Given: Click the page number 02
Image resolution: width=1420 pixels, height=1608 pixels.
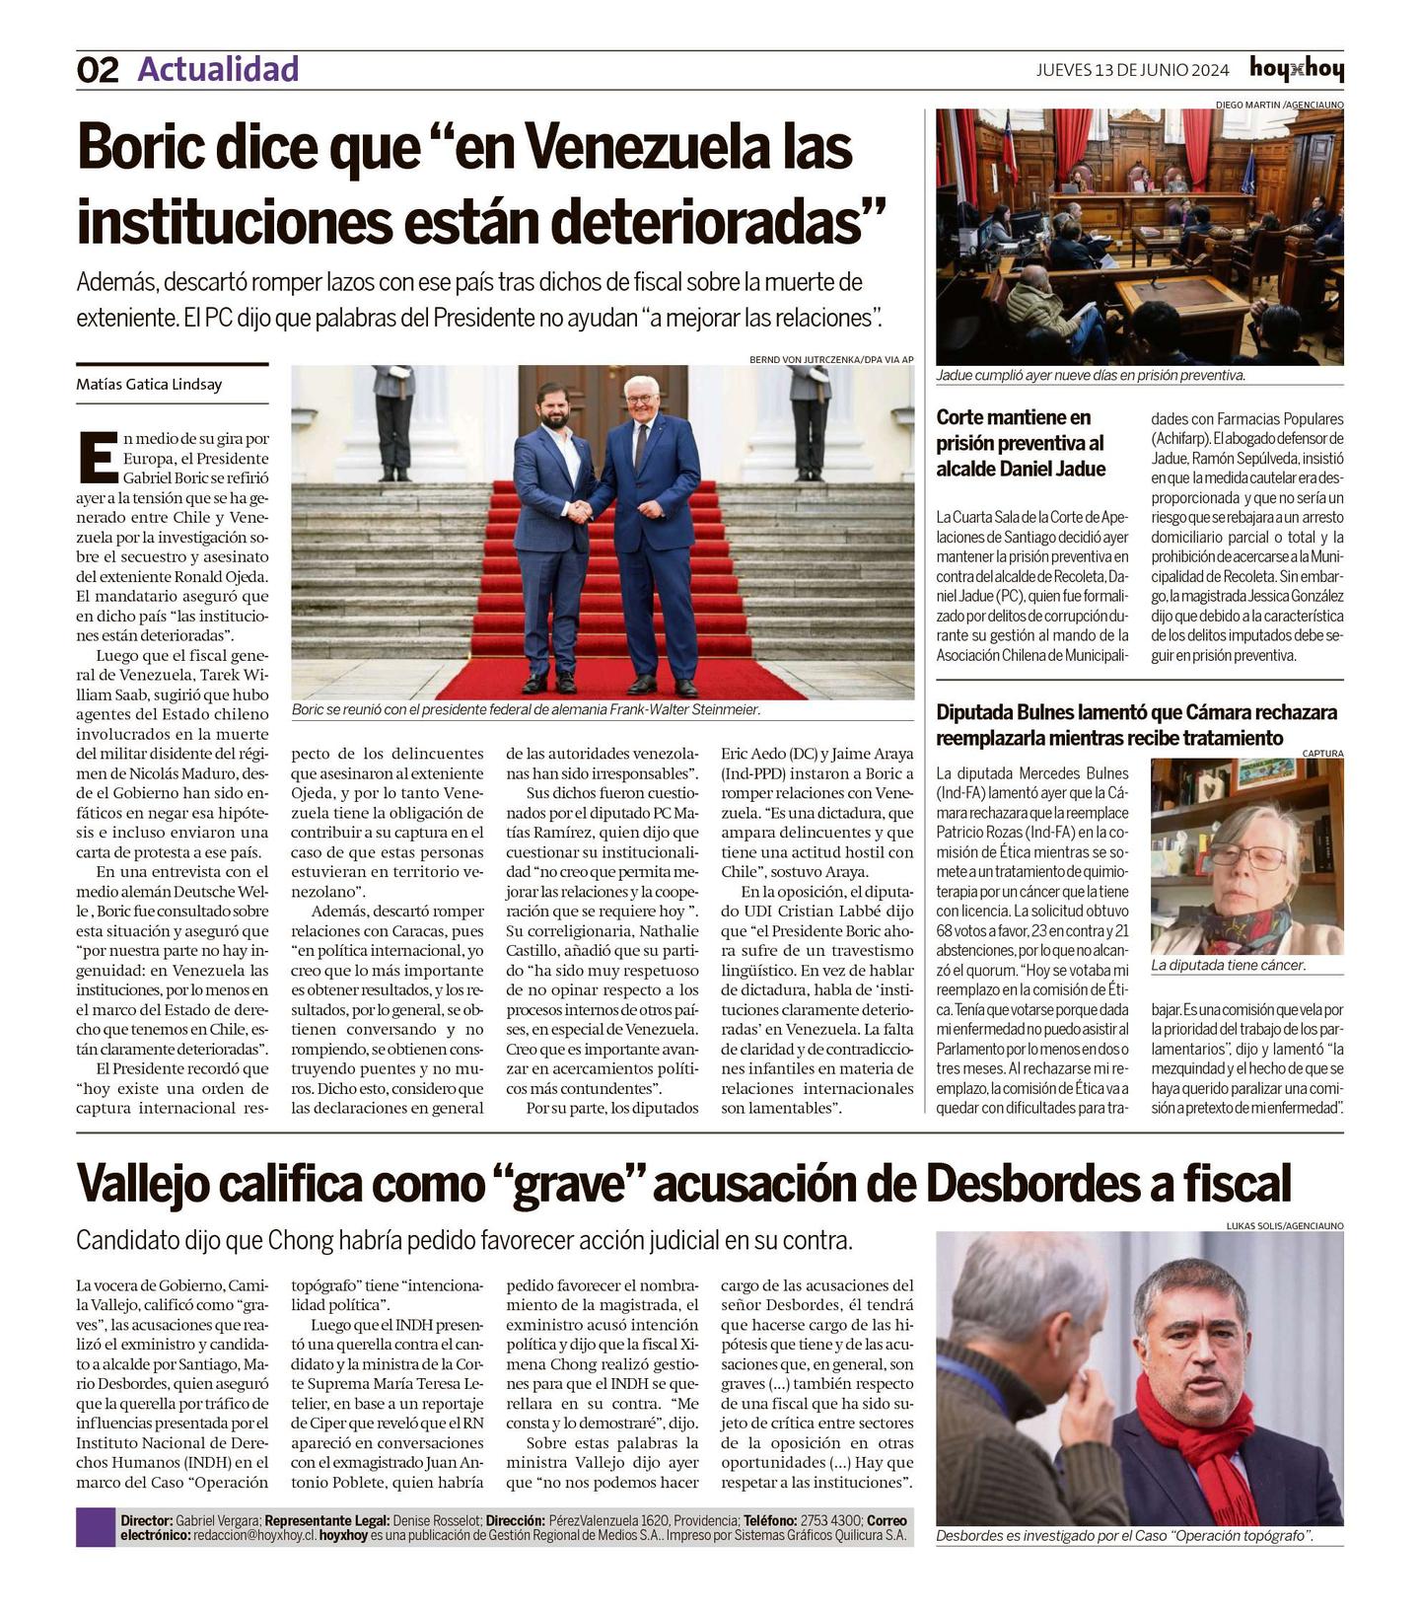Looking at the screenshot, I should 98,70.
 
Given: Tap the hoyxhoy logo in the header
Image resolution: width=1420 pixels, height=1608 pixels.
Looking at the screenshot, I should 1296,69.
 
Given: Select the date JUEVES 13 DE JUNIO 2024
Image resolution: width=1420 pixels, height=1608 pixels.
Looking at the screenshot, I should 1132,70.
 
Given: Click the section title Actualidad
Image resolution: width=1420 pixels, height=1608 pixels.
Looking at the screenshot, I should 218,69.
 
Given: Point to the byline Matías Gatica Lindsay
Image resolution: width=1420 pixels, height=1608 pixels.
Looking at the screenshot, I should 149,385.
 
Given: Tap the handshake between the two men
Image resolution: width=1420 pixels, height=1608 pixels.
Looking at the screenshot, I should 581,511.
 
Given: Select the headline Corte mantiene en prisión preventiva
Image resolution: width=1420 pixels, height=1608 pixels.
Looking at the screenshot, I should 1021,443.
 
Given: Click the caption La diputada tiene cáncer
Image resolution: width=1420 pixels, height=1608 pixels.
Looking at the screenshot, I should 1228,966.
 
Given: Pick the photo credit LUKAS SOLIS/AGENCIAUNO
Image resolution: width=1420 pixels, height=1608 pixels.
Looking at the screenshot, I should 1284,1226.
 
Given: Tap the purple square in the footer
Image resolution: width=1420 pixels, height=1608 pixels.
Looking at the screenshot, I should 96,1527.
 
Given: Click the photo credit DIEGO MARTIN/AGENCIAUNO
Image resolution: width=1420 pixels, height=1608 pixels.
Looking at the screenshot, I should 1278,105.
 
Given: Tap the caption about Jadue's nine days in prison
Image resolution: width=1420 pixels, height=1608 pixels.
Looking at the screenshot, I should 1091,376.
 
